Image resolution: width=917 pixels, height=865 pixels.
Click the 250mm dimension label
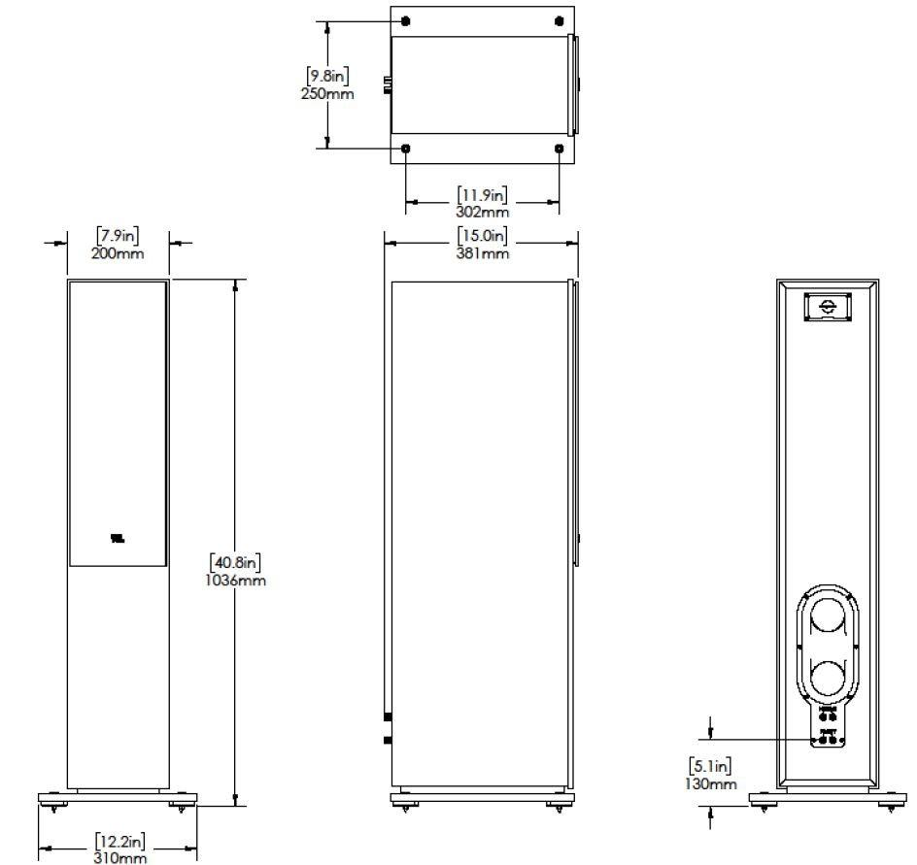point(328,94)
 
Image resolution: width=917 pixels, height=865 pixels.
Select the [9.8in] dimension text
point(328,76)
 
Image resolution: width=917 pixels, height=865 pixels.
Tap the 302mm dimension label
point(483,211)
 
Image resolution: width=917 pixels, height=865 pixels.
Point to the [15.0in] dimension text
point(483,236)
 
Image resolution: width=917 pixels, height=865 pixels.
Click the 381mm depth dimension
point(483,253)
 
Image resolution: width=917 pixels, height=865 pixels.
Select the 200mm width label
point(119,253)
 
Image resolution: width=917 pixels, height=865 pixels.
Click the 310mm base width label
point(120,857)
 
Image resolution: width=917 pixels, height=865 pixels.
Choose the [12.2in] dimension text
point(120,840)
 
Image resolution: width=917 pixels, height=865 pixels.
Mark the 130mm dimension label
point(712,783)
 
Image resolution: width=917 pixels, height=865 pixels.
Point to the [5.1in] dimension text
point(712,765)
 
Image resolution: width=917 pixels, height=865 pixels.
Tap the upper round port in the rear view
point(828,617)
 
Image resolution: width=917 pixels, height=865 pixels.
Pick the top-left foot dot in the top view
point(405,21)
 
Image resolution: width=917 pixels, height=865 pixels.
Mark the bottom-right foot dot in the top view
point(559,149)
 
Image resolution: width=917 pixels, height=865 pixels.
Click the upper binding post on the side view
point(388,718)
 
